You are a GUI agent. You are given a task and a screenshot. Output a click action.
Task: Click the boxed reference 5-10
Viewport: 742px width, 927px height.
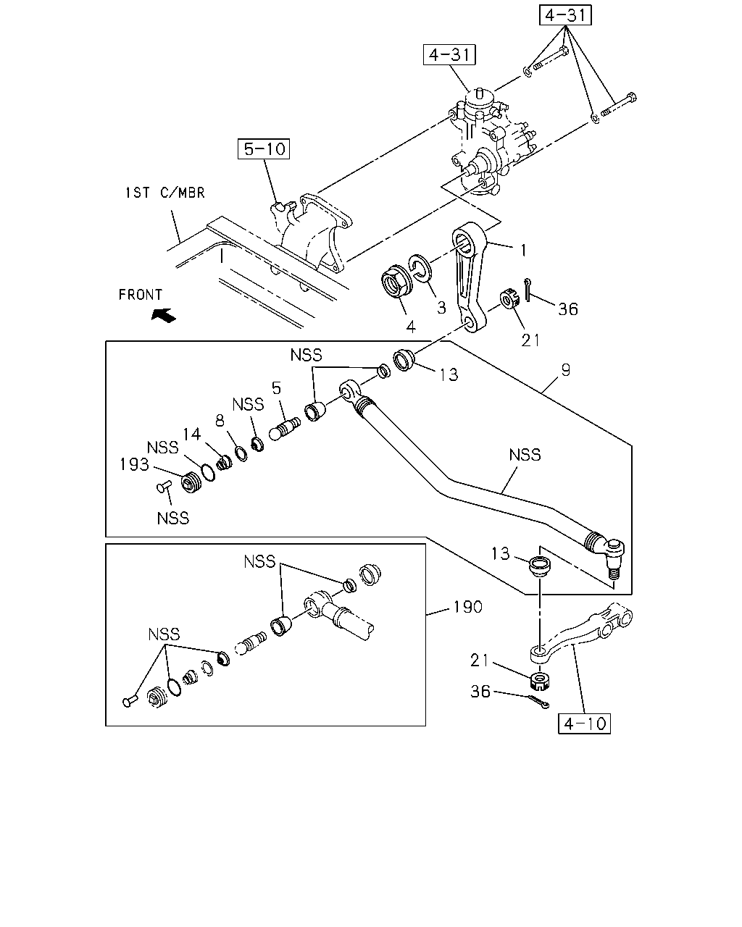click(x=264, y=148)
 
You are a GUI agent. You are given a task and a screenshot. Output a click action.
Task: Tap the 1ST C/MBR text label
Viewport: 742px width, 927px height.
click(x=164, y=193)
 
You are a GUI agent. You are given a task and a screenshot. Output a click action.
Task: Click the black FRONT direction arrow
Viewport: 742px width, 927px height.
click(x=164, y=315)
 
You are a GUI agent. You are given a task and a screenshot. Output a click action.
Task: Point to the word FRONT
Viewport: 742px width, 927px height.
click(x=140, y=295)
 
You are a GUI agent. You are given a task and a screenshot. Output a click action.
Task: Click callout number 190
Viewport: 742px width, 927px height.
click(x=467, y=607)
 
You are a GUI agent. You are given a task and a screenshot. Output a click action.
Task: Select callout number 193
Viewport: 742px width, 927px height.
click(x=134, y=464)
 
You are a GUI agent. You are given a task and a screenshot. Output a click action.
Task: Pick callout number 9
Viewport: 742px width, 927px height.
click(x=566, y=369)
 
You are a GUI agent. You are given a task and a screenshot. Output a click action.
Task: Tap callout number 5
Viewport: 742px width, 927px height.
click(x=276, y=387)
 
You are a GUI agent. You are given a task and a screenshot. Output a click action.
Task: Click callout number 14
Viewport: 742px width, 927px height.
click(x=191, y=434)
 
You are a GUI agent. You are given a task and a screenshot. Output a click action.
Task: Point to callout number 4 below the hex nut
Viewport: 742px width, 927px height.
click(x=411, y=327)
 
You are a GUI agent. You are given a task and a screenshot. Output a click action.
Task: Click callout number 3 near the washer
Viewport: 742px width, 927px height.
click(x=441, y=308)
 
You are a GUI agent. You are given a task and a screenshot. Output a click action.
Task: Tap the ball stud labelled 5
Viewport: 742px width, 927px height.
click(x=285, y=428)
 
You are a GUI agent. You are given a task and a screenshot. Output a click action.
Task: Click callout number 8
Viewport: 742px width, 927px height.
click(x=220, y=421)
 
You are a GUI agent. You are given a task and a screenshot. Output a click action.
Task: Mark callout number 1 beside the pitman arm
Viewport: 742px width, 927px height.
click(x=523, y=251)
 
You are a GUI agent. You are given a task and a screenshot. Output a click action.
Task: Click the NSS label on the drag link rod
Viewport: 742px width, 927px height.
click(x=525, y=455)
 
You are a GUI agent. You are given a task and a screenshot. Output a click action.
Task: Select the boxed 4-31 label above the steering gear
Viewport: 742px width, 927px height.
click(x=449, y=55)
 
